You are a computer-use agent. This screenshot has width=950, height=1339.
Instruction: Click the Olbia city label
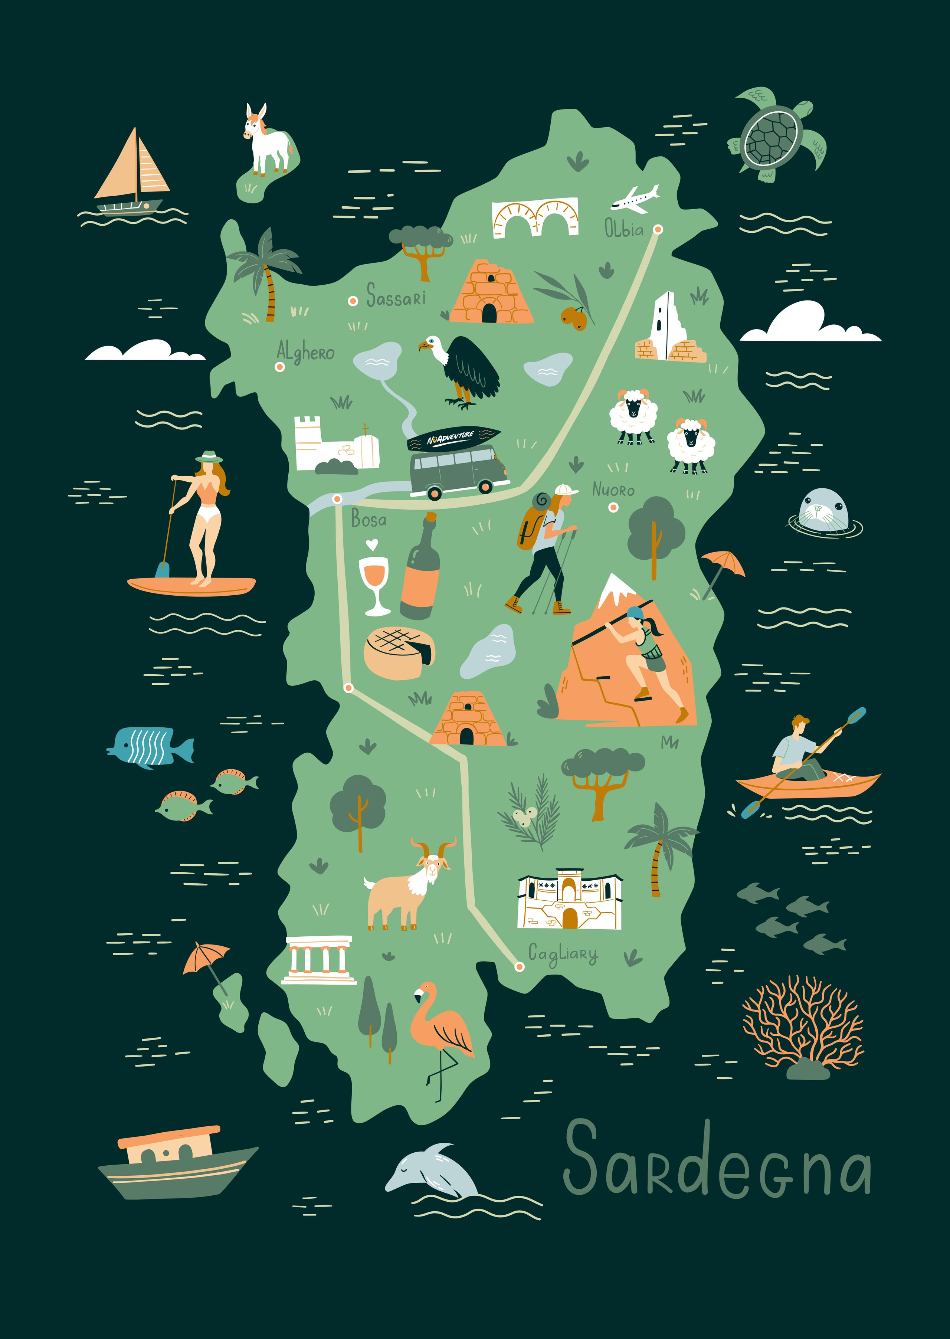tap(623, 228)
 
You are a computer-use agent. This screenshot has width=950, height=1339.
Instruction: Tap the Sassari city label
tap(396, 296)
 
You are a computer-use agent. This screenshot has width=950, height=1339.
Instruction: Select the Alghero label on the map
tap(305, 352)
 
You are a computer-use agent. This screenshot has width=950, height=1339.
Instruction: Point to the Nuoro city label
tap(613, 489)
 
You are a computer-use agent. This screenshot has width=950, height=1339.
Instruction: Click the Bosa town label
tap(368, 519)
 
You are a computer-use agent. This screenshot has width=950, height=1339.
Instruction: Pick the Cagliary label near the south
tap(563, 954)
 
